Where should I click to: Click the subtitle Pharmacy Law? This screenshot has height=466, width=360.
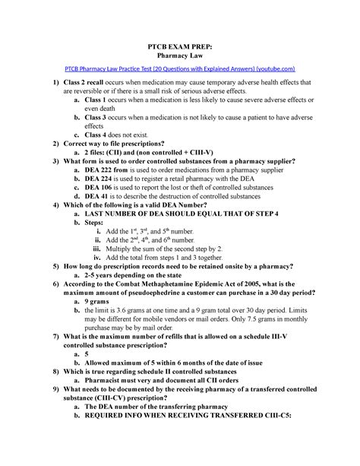180,55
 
